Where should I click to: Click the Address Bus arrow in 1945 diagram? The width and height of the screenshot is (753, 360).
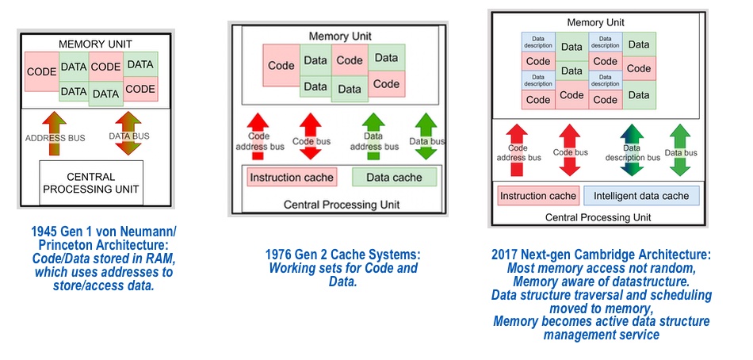click(54, 134)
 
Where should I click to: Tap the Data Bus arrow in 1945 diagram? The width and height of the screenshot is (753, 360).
click(128, 133)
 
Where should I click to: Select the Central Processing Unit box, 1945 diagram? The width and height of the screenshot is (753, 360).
click(91, 183)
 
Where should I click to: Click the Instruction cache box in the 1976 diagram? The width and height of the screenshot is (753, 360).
click(292, 178)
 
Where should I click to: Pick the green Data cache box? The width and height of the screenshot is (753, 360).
click(394, 178)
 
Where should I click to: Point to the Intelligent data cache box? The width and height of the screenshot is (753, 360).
click(641, 196)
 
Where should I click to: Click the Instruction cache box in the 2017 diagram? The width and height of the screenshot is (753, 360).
click(538, 196)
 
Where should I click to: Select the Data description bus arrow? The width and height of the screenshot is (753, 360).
click(632, 150)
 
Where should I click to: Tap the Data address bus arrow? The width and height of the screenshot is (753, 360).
click(373, 136)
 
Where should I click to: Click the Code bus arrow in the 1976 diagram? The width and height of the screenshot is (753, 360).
click(310, 136)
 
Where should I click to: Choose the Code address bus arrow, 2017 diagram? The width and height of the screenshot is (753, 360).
click(517, 150)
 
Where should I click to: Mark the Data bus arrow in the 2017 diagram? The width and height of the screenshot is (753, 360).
click(680, 150)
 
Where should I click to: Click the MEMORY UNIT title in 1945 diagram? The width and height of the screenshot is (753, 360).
click(95, 44)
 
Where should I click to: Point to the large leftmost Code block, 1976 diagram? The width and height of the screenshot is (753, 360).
click(281, 65)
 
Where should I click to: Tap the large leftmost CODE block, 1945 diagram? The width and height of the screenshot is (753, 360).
click(42, 71)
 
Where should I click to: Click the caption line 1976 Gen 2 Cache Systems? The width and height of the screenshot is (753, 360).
click(343, 255)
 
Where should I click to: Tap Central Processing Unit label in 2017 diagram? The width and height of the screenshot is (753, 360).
click(598, 217)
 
